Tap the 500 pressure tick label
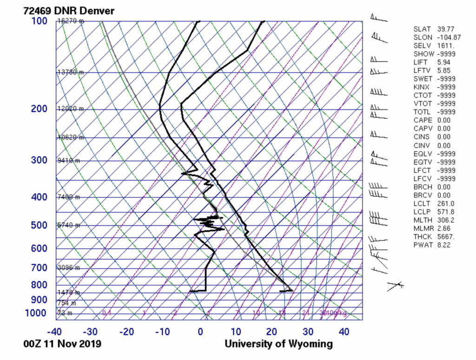40,225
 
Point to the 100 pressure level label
40,21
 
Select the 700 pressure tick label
40,268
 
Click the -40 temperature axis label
55,332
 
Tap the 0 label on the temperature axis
200,332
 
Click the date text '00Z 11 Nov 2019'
62,344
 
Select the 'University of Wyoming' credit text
278,344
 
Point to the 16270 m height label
71,21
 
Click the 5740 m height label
68,225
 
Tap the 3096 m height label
68,268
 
